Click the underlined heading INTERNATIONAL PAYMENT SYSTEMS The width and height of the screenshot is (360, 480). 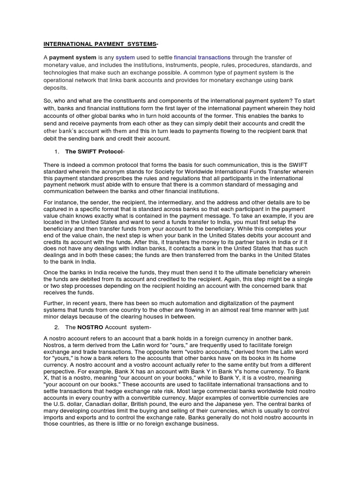100,44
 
